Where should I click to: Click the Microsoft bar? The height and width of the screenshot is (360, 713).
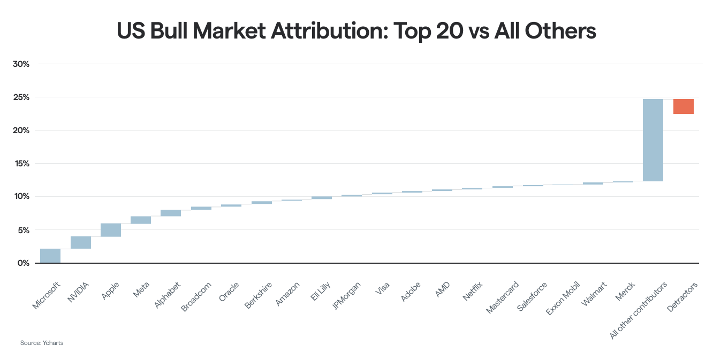[50, 256]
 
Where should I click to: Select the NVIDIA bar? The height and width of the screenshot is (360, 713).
[80, 242]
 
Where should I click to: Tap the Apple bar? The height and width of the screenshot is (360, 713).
[111, 229]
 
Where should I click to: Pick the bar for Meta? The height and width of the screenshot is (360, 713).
[141, 220]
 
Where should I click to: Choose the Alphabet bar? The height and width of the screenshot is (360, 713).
[171, 213]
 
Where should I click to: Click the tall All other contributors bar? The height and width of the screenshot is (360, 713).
[653, 140]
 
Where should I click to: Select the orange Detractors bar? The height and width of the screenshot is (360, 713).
[683, 106]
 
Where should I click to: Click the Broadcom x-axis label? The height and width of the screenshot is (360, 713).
[196, 297]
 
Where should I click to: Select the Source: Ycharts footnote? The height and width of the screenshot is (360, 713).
[42, 343]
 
